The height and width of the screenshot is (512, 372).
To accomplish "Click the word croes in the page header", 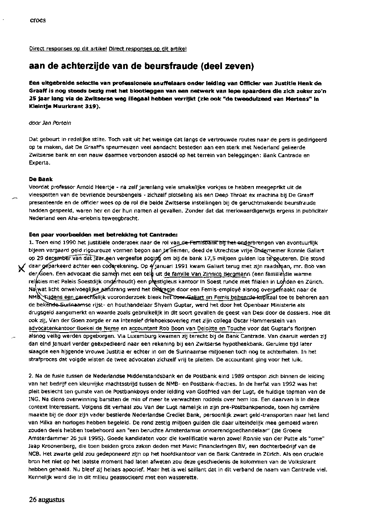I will [38, 20].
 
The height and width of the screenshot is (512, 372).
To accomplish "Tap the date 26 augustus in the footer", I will [47, 500].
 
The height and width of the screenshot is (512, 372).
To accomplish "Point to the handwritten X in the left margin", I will [17, 269].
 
